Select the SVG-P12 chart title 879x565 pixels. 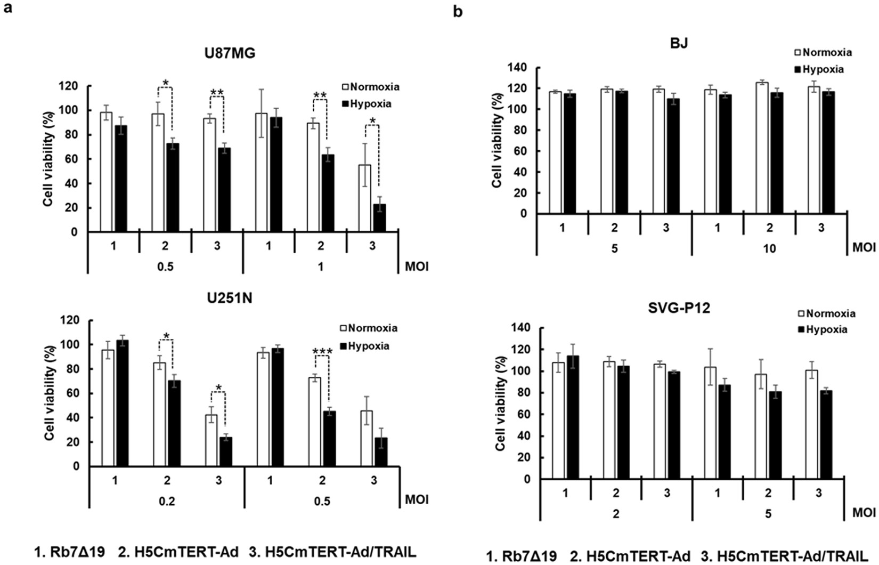(x=683, y=308)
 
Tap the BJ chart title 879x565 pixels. (x=679, y=43)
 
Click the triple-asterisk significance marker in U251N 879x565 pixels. (x=322, y=352)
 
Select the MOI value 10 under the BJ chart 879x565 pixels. (x=769, y=249)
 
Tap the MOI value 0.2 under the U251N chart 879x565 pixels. (x=166, y=501)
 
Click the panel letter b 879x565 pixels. (x=458, y=11)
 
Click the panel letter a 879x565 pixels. (x=7, y=10)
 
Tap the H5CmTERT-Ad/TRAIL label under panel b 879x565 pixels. (x=787, y=556)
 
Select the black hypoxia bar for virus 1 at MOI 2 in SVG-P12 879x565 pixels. (x=573, y=417)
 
